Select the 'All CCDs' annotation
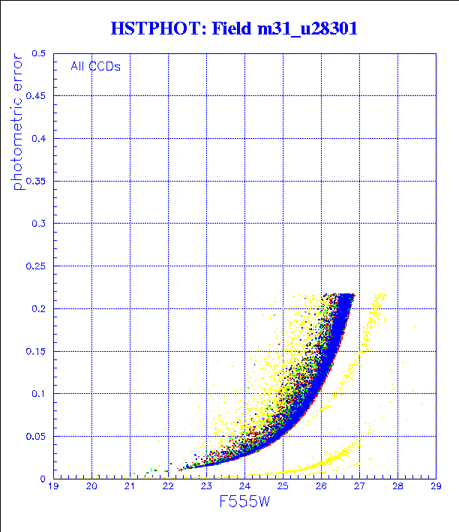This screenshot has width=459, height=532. (95, 66)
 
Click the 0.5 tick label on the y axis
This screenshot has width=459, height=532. (37, 54)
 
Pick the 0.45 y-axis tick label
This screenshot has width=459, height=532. (34, 96)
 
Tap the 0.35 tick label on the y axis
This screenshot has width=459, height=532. (34, 181)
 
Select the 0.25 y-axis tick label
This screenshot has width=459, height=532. (34, 266)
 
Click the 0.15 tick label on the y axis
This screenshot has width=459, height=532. (34, 350)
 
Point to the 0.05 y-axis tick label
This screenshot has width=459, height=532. (34, 436)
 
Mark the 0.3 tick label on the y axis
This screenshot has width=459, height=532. (37, 224)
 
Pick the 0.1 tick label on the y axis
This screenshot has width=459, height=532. (37, 393)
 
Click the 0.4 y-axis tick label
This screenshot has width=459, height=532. (37, 139)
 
